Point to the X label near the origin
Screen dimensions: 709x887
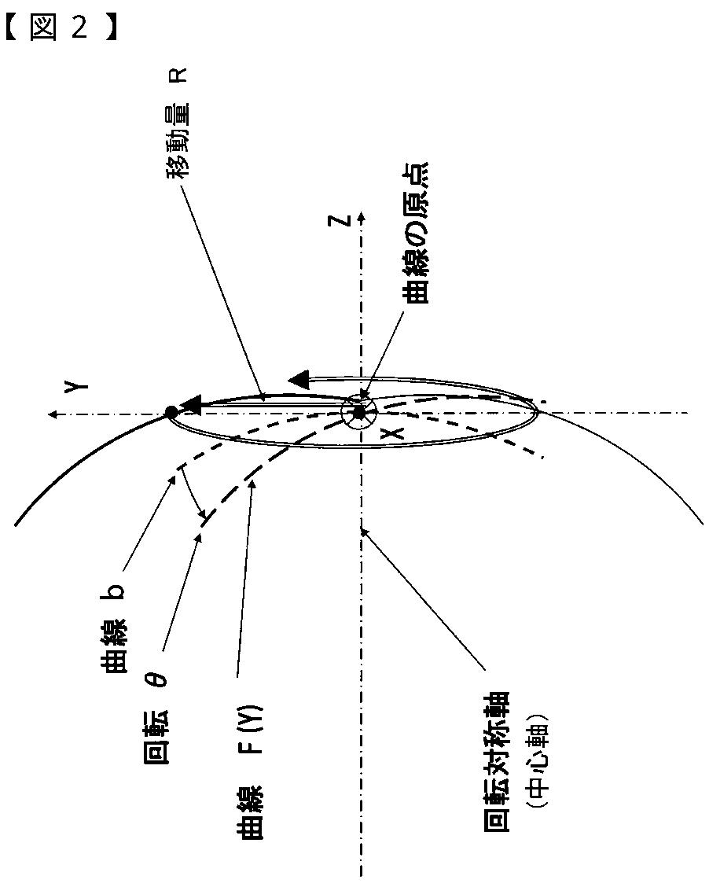point(397,431)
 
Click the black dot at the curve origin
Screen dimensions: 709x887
point(358,412)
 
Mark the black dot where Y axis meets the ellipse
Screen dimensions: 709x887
point(170,411)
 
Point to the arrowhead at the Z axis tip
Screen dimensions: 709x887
point(360,214)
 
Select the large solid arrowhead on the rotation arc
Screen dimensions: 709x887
point(299,380)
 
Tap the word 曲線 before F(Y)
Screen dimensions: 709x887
point(254,818)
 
